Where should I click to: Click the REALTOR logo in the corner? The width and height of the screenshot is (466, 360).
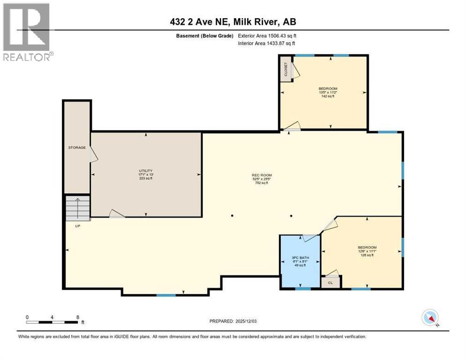click(27, 32)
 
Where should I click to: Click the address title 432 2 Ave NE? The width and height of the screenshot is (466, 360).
click(233, 22)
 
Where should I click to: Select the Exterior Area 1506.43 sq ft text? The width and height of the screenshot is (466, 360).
click(266, 36)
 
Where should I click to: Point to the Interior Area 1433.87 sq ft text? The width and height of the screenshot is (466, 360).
click(266, 44)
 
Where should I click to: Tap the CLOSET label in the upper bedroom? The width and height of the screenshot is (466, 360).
click(286, 69)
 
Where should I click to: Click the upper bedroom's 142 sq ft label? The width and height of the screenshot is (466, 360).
click(328, 96)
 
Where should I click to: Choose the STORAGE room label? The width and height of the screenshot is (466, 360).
click(77, 148)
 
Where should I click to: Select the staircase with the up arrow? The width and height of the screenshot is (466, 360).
click(77, 208)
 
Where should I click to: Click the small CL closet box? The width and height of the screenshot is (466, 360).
click(331, 282)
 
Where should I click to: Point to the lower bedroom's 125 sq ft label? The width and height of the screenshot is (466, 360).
click(367, 255)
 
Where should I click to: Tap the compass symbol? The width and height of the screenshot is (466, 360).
click(430, 317)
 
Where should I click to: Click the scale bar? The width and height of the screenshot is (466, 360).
click(52, 322)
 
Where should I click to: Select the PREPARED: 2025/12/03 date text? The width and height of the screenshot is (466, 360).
click(233, 321)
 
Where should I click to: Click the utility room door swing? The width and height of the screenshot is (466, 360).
click(116, 214)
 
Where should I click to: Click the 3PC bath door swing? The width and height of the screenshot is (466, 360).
click(310, 238)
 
